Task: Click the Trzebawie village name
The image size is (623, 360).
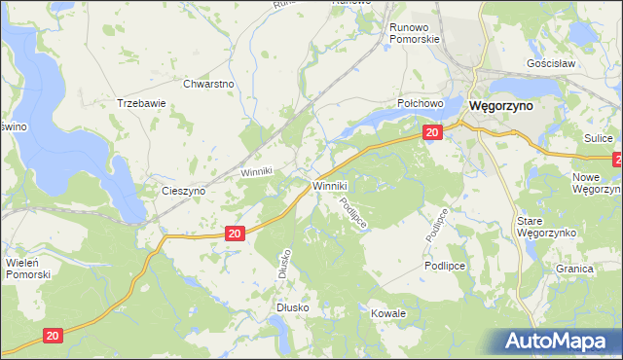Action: tap(141, 102)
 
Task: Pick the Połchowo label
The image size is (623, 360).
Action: tap(421, 102)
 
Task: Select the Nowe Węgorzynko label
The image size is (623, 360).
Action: tap(598, 183)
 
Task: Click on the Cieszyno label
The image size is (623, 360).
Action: tap(183, 192)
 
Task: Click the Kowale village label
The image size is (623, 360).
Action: tap(388, 314)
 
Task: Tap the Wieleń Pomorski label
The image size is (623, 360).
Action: tap(27, 268)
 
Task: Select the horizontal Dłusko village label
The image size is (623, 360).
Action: tap(291, 307)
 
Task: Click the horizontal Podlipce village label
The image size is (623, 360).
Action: tap(445, 266)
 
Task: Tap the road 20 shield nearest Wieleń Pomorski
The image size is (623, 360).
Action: tap(54, 335)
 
